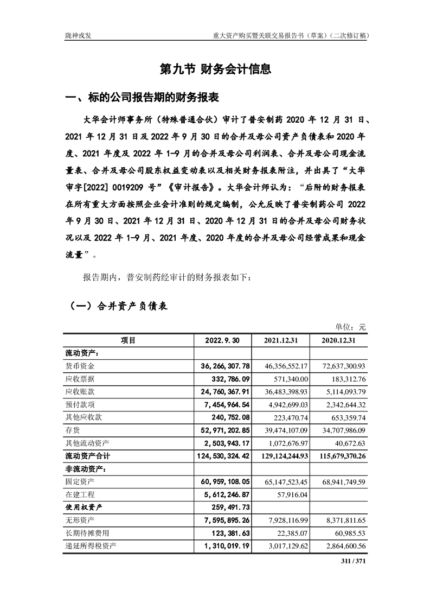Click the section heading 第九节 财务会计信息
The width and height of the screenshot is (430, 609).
[x=215, y=69]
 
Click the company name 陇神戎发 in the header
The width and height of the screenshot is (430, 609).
[x=78, y=36]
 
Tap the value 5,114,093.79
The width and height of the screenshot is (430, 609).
[x=339, y=391]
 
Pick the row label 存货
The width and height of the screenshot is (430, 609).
[x=73, y=429]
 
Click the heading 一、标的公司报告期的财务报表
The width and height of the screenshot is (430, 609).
[x=142, y=98]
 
